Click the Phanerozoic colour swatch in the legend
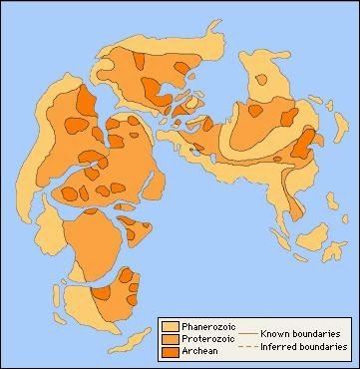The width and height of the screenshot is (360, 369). pyautogui.click(x=171, y=326)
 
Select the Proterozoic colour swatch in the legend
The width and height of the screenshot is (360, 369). pyautogui.click(x=171, y=338)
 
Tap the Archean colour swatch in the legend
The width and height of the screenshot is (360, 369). pyautogui.click(x=171, y=351)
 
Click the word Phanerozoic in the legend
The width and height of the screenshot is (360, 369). pyautogui.click(x=206, y=326)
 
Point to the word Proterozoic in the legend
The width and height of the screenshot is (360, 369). pyautogui.click(x=205, y=338)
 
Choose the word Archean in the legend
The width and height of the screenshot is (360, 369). pyautogui.click(x=198, y=351)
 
